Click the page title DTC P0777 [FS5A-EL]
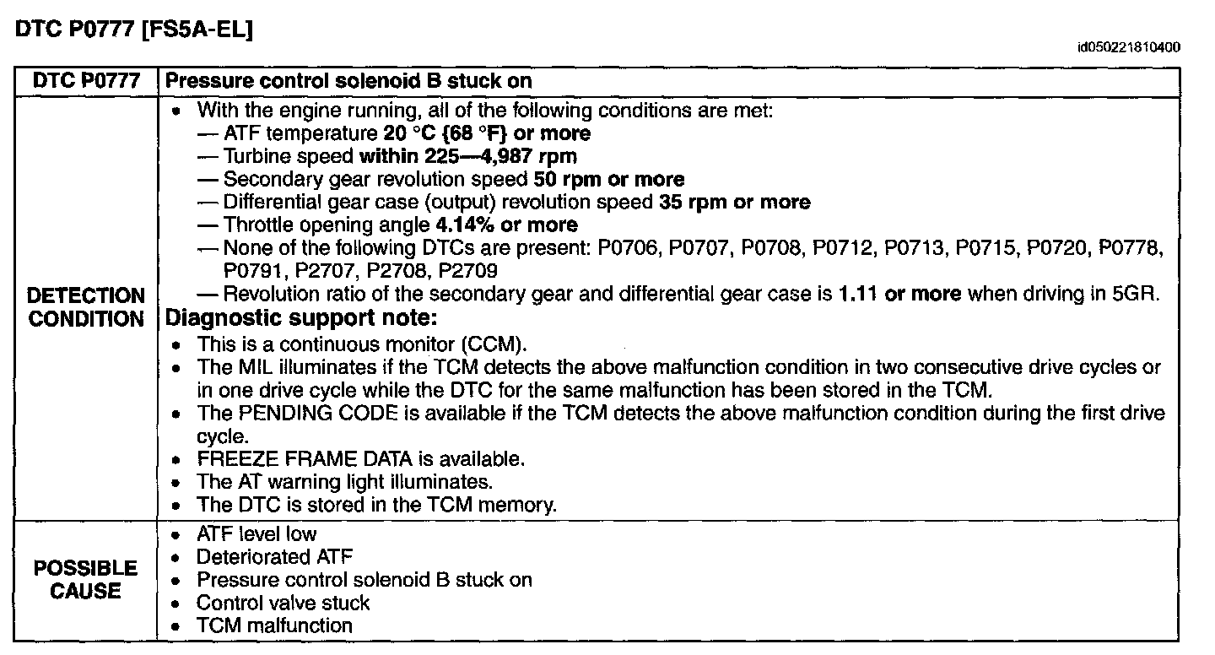(x=135, y=29)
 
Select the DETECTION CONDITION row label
(x=86, y=307)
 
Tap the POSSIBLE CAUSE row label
(x=85, y=579)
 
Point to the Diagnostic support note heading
(x=302, y=319)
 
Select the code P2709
(x=467, y=271)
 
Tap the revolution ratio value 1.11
(x=856, y=294)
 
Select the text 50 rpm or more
(x=609, y=179)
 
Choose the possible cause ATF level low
(x=256, y=534)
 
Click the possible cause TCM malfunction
(x=274, y=625)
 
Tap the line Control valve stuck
(x=283, y=603)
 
